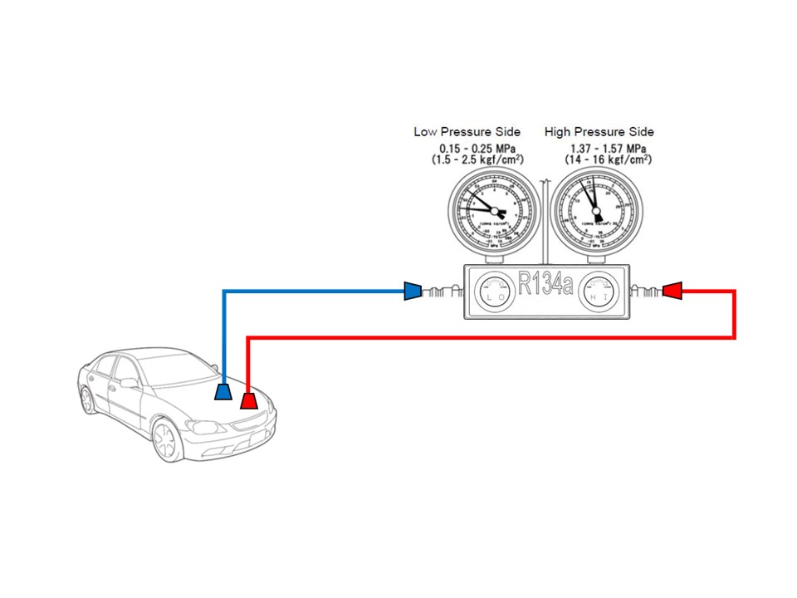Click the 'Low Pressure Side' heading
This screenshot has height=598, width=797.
click(x=467, y=132)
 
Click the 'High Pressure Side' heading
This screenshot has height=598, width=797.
click(x=599, y=132)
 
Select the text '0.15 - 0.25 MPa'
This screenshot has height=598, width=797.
click(x=477, y=148)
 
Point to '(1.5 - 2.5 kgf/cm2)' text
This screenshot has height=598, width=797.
click(x=477, y=159)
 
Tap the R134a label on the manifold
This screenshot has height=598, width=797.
click(x=545, y=285)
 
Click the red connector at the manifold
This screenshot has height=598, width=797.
click(x=672, y=291)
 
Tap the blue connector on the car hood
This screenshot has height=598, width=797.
click(x=223, y=391)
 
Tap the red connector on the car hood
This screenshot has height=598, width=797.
click(x=248, y=401)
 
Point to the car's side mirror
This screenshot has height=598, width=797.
click(x=130, y=383)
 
